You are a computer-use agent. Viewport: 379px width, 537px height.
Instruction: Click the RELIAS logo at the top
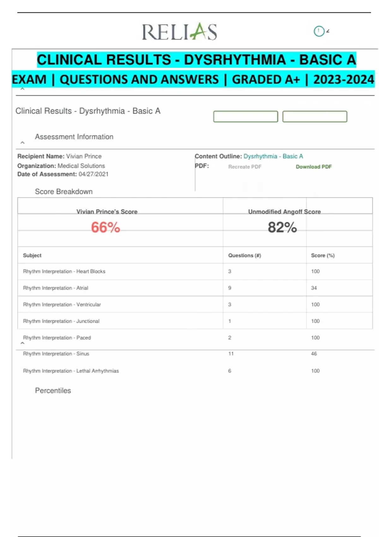179,32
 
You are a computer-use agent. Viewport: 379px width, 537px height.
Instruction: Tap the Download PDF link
314,167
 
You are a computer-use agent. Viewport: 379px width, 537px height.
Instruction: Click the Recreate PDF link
245,167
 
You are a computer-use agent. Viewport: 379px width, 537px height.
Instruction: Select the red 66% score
105,227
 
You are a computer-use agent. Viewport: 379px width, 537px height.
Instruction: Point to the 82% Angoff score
282,227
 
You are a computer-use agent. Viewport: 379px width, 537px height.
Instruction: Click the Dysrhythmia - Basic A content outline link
273,156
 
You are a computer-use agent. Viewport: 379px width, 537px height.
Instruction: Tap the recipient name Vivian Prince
84,156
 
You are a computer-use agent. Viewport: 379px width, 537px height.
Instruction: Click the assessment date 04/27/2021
93,174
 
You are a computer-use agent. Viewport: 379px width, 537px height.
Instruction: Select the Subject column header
32,255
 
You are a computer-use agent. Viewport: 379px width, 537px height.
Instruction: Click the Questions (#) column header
244,255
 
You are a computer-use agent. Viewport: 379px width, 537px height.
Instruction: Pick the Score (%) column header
322,255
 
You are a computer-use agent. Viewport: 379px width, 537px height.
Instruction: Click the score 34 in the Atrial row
314,288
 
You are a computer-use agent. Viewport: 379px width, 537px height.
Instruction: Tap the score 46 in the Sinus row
314,353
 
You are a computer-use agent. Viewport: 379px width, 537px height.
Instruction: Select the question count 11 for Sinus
231,353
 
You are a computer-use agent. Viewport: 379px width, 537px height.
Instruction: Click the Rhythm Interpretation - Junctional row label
61,321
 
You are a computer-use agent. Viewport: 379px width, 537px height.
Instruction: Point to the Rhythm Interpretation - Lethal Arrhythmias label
71,371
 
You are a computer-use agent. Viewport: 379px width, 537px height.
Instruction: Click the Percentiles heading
53,390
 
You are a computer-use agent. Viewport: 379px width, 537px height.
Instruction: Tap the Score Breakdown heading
63,191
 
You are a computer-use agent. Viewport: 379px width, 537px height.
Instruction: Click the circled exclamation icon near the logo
319,31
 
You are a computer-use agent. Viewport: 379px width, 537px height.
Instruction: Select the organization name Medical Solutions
81,166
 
